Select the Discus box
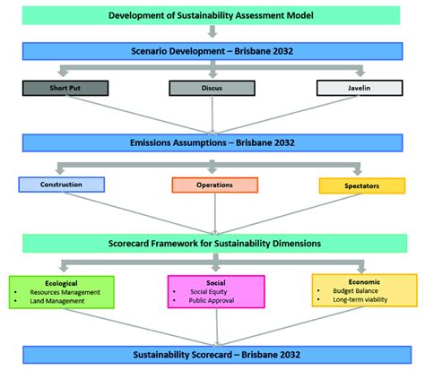click(212, 88)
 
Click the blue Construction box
click(62, 185)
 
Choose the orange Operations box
click(214, 185)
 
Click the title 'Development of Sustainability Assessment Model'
click(212, 15)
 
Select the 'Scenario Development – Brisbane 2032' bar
click(212, 52)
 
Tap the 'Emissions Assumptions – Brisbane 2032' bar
click(212, 142)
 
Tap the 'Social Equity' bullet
click(215, 291)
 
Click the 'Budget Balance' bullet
click(364, 291)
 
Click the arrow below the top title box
click(212, 33)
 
